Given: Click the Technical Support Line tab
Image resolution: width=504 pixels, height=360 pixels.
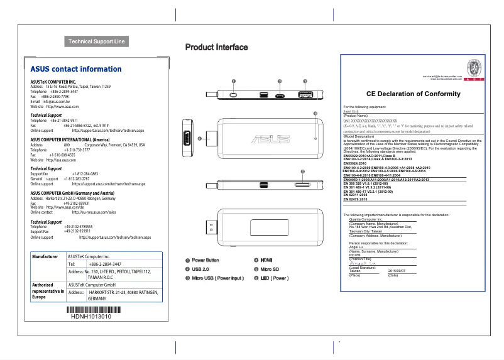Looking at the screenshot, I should (97, 41).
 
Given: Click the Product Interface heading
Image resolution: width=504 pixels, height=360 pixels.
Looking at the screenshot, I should (216, 47).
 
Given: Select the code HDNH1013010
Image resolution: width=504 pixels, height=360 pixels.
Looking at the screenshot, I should (92, 317).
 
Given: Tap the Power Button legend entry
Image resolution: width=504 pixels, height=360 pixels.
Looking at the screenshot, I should (205, 277).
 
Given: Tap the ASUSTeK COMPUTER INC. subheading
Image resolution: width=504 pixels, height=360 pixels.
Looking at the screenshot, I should (53, 82).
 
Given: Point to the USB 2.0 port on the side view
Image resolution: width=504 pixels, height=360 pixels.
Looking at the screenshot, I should (305, 96).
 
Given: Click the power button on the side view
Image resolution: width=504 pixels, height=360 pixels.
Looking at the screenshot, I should (233, 96).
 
